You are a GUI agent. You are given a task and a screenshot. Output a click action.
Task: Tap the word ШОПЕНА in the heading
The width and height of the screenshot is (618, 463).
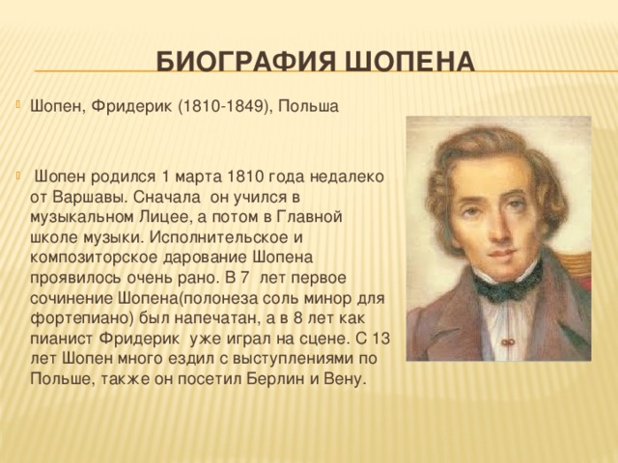[410, 62]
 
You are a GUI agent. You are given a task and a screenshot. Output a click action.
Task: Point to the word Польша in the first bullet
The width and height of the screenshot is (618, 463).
[309, 107]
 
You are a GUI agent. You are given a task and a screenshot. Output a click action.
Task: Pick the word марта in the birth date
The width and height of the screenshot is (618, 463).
[199, 177]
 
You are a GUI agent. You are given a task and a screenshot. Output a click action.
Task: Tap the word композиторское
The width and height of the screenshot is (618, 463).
[95, 259]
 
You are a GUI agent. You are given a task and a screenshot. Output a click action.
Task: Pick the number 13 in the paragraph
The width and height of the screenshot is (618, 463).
[379, 339]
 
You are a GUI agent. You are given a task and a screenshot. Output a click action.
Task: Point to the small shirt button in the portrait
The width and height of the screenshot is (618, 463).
[509, 341]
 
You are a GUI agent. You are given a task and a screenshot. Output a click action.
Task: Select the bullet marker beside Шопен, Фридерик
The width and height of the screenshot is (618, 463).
[17, 104]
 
